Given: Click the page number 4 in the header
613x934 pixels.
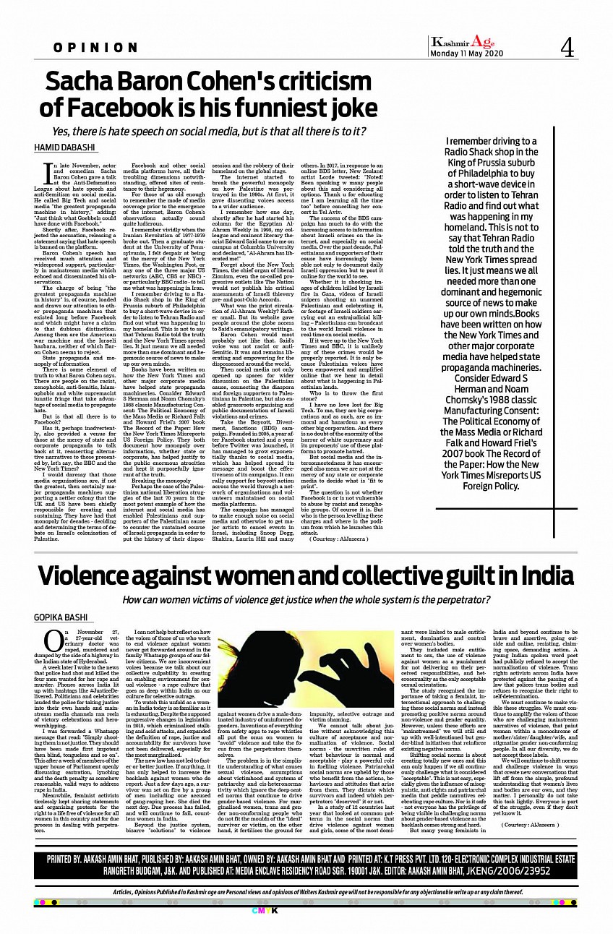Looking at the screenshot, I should pos(566,48).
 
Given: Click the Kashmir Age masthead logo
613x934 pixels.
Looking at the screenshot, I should pos(463,42).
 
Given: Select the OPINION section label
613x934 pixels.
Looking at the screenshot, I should pos(95,48).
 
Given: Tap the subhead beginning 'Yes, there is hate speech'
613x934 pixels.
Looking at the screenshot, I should pos(208,132).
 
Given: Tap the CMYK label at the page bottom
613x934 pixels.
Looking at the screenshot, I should pos(306,910).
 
